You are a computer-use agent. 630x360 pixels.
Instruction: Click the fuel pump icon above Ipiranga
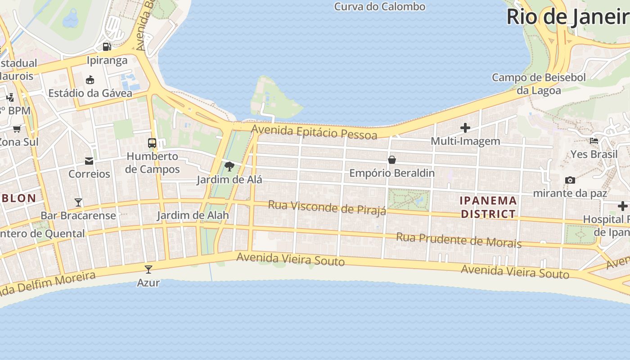[107, 46]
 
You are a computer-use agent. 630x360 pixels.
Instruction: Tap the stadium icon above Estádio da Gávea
[90, 80]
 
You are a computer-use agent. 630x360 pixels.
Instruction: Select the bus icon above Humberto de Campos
[152, 143]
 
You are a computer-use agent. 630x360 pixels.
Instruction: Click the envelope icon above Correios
[89, 161]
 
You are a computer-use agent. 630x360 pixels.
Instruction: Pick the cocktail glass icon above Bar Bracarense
[78, 202]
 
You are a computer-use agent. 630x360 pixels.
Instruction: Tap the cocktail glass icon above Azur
[148, 270]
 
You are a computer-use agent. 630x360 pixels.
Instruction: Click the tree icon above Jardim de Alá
[229, 166]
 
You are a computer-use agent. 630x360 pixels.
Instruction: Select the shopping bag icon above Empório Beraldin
[392, 160]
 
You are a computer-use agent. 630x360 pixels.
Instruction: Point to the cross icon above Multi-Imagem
[465, 128]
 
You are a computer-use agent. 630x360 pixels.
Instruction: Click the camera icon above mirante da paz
[570, 180]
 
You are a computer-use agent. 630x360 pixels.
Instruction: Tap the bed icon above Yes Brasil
[594, 141]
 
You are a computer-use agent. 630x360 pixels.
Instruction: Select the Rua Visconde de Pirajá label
[327, 208]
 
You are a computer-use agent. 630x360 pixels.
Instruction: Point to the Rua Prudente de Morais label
[459, 240]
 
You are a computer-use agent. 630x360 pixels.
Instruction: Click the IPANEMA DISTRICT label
[488, 207]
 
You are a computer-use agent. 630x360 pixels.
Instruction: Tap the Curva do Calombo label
[380, 7]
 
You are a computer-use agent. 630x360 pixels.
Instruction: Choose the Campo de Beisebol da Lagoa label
[539, 84]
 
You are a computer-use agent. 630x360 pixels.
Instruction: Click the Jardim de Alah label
[193, 216]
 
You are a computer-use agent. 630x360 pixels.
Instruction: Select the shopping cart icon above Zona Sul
[17, 129]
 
